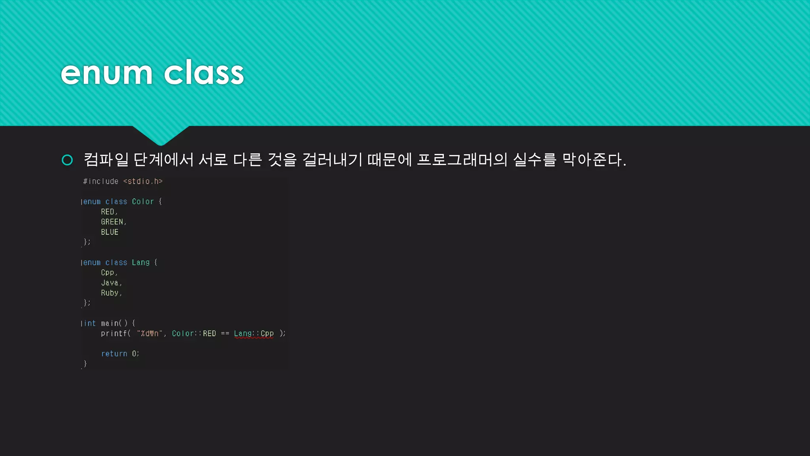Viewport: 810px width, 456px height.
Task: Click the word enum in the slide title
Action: [106, 73]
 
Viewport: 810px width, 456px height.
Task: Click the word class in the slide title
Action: [204, 73]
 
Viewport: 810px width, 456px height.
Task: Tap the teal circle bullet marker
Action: [67, 160]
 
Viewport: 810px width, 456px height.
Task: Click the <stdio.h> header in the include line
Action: [143, 181]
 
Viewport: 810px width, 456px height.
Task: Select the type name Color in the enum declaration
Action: [143, 201]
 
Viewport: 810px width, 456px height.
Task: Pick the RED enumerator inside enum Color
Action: [108, 212]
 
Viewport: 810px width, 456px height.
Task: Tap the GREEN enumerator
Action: [112, 222]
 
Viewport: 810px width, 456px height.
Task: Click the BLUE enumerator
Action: [110, 232]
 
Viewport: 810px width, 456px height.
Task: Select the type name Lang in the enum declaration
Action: [141, 262]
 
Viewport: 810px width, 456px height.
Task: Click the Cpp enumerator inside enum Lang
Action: [108, 273]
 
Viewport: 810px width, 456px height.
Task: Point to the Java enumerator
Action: [110, 283]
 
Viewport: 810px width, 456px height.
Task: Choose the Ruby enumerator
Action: [110, 293]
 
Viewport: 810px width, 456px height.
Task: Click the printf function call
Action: [114, 334]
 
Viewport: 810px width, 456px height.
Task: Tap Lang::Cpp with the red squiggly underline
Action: [254, 334]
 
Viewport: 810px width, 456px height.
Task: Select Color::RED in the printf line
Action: [194, 334]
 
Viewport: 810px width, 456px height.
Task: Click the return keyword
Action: [114, 354]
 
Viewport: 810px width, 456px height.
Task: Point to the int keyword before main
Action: [90, 323]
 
